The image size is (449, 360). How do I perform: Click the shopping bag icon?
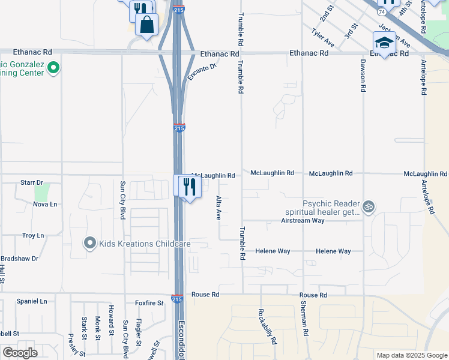click(x=146, y=25)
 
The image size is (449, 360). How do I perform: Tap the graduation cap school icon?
click(x=384, y=43)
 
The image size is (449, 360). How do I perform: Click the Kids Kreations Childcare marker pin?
click(x=90, y=243)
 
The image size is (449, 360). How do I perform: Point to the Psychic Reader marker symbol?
click(x=369, y=207)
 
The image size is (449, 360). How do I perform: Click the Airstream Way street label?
click(x=303, y=221)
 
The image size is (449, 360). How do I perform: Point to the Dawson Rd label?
click(x=363, y=75)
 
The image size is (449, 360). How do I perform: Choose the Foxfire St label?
click(x=149, y=303)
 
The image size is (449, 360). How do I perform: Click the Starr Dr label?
click(x=32, y=182)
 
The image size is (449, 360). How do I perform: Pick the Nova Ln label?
click(x=45, y=204)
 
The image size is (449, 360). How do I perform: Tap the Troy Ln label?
click(x=33, y=236)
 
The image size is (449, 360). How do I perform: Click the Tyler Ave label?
click(x=322, y=37)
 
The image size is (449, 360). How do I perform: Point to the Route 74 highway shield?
click(x=382, y=11)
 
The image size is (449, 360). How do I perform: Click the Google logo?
click(x=20, y=353)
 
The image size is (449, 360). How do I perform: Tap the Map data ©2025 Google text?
click(x=411, y=355)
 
